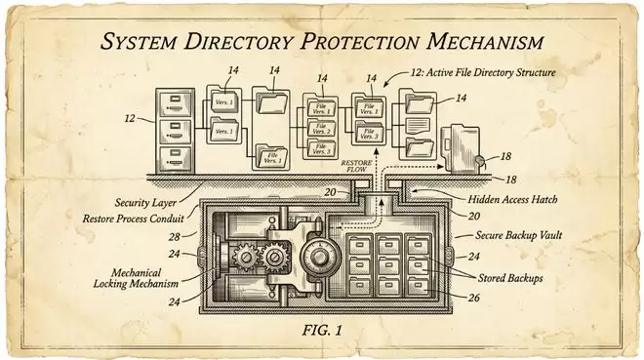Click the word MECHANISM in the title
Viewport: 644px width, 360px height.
[x=485, y=41]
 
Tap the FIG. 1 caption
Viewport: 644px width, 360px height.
[x=322, y=330]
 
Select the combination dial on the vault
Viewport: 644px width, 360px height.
[x=319, y=257]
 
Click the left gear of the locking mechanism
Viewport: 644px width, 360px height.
[x=246, y=258]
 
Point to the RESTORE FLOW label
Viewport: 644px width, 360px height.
[x=356, y=166]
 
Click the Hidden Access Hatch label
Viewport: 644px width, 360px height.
[x=512, y=199]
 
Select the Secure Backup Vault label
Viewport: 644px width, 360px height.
[x=518, y=235]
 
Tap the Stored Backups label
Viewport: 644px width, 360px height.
[x=510, y=278]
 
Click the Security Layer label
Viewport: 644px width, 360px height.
[x=145, y=202]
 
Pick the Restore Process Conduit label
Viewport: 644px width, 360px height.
[x=133, y=219]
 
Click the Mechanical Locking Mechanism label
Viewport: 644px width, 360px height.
[x=136, y=278]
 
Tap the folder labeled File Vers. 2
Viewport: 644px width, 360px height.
[x=321, y=129]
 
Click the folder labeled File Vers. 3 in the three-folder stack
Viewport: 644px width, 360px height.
[x=321, y=148]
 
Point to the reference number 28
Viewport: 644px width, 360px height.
[x=175, y=237]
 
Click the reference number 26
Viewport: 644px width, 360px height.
[x=473, y=298]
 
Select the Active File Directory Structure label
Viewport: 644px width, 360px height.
[x=483, y=72]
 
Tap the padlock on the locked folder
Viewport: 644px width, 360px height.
[x=478, y=161]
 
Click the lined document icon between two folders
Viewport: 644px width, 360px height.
[x=418, y=126]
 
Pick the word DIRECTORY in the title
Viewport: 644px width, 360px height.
[x=239, y=41]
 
